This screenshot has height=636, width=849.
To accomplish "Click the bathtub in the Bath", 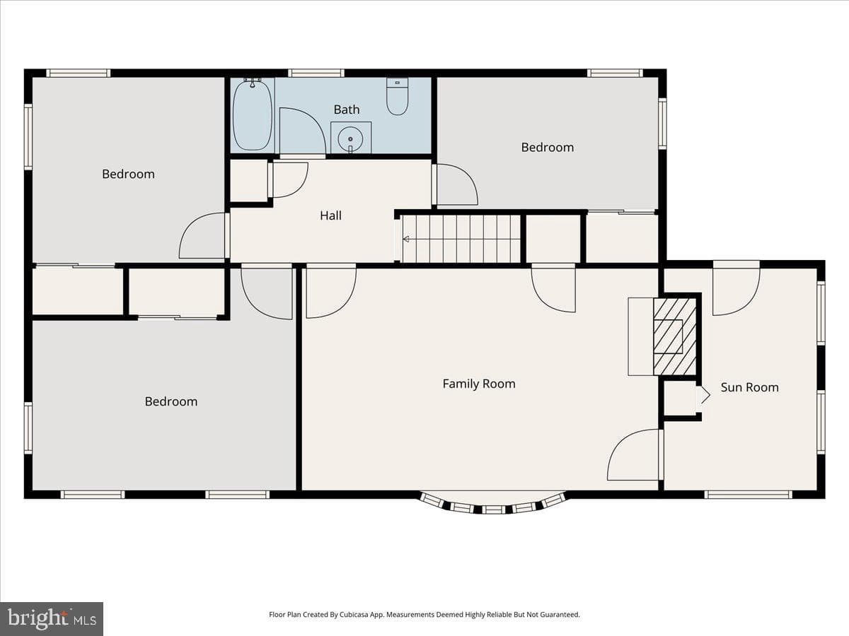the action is coord(253,114).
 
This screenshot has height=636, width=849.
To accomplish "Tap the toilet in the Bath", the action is coord(397,96).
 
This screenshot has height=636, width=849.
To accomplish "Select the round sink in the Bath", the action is coord(350,139).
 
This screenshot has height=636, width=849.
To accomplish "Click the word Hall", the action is coord(330,216).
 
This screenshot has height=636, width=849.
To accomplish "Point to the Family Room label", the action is coord(479,384).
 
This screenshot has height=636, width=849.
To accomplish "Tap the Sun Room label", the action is coord(749,387).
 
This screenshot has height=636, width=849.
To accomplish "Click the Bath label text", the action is coord(347,110).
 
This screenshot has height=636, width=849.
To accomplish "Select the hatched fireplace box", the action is coord(675,336).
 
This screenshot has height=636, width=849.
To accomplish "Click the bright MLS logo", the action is coord(52,619).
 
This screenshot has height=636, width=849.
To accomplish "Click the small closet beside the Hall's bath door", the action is coord(249,181).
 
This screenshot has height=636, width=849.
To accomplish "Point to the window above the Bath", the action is coord(316,73).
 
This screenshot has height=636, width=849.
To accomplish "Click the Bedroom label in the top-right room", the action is coord(548,148).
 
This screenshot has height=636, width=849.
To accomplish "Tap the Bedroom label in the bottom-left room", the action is coord(171,401).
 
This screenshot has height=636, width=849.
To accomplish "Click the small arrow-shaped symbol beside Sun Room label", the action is coord(704,396).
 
